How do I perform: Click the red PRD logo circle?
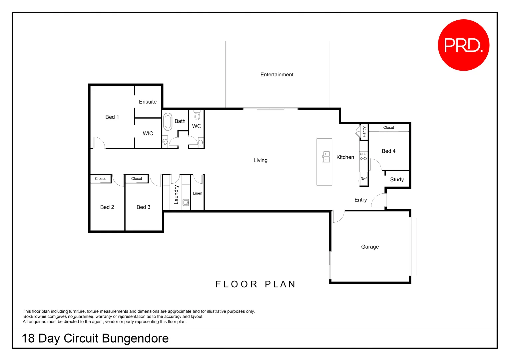click(463, 45)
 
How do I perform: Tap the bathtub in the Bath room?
click(168, 122)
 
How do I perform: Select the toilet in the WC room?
click(197, 115)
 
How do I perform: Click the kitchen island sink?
click(326, 156)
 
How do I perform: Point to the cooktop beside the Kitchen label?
click(363, 156)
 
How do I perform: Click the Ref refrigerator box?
click(363, 179)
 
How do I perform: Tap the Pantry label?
click(364, 131)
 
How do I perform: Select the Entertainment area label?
click(277, 75)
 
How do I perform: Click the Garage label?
click(370, 247)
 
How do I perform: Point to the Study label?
click(397, 180)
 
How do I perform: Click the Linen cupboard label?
click(198, 193)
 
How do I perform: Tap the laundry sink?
click(186, 202)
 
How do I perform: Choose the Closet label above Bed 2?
click(100, 179)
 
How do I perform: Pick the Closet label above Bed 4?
click(388, 128)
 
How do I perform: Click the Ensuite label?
click(148, 102)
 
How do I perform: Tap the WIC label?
click(148, 134)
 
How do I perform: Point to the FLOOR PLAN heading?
click(255, 284)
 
